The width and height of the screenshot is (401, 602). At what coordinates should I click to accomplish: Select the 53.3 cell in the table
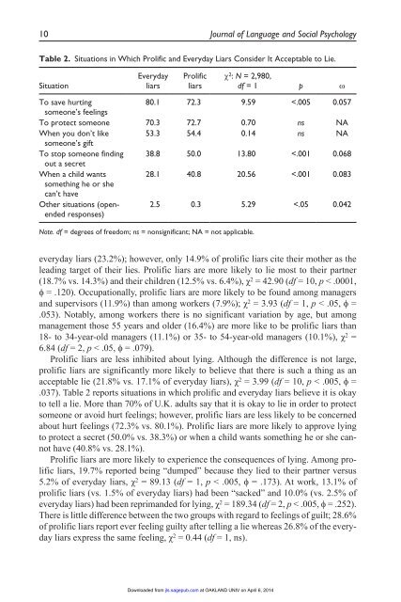(x=144, y=135)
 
